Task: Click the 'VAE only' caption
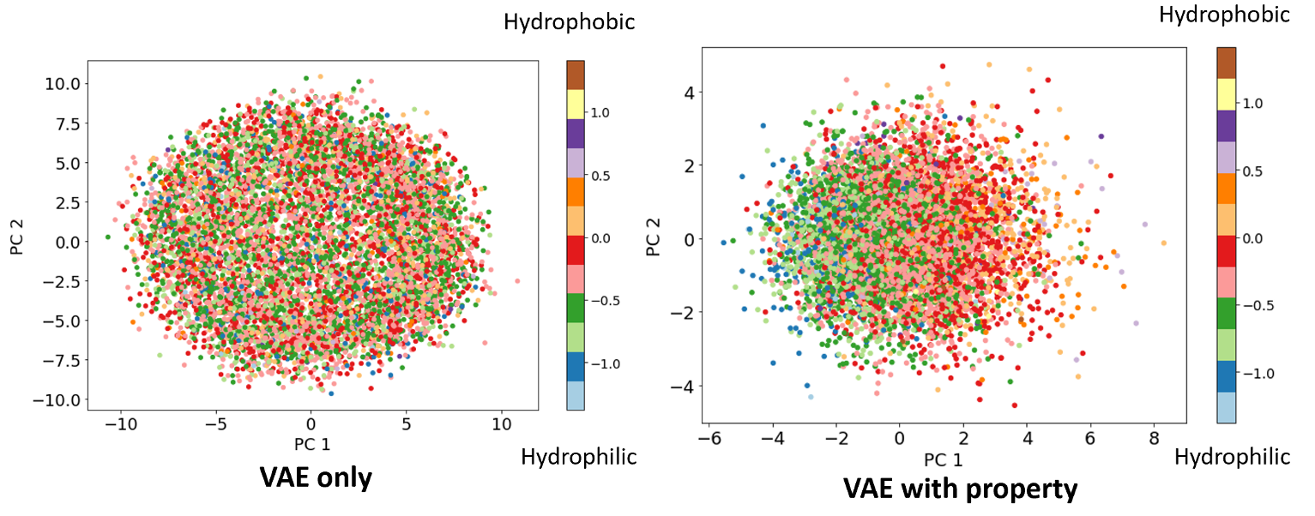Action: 317,477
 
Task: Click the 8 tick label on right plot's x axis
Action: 1154,437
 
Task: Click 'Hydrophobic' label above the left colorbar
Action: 569,22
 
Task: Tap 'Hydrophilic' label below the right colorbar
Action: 1232,457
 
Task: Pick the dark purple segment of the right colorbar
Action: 1227,125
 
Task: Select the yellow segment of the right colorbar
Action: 1227,93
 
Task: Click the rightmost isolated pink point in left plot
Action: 517,280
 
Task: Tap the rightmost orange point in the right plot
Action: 1163,243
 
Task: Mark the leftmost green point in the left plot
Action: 108,237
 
